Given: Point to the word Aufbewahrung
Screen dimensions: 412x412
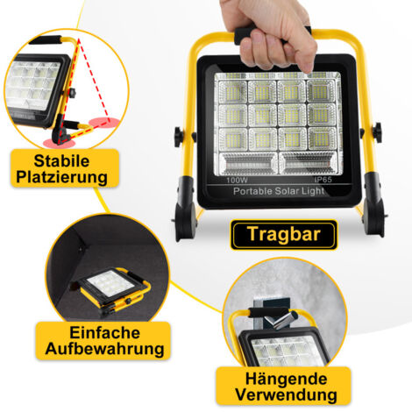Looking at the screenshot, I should coord(98,349).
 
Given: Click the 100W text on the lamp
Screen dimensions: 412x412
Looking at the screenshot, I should coord(237,179).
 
